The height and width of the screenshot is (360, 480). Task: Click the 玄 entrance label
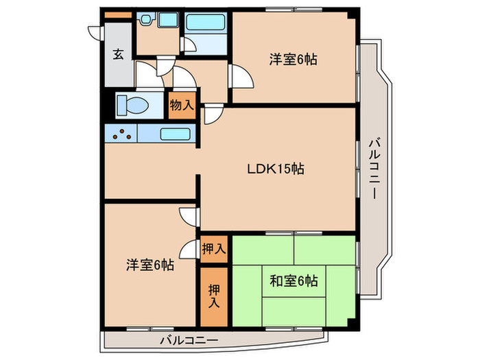coord(119,55)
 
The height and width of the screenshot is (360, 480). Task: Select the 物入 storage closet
coord(182,106)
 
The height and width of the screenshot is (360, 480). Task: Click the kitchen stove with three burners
coord(121,133)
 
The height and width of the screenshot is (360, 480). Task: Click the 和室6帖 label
coord(293,280)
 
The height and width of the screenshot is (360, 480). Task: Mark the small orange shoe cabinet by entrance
coord(117,15)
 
